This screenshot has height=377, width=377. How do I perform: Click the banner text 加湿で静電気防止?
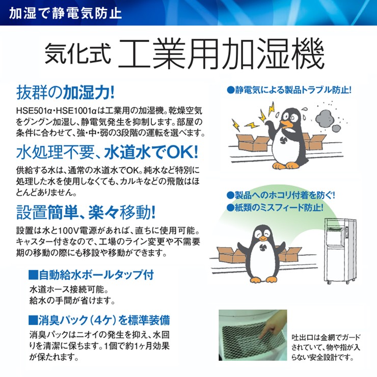[x=65, y=13]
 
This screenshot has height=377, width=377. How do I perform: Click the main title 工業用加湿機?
[x=221, y=53]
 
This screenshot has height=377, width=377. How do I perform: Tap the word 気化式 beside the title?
[x=78, y=54]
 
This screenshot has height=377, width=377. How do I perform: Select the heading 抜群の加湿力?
[x=65, y=92]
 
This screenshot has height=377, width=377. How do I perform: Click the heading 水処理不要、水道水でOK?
[x=107, y=152]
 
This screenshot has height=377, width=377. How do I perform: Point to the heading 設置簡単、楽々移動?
[x=86, y=212]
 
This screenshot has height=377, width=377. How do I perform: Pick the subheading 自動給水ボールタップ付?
[x=91, y=275]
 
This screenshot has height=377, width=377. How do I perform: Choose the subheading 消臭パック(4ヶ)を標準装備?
[x=99, y=320]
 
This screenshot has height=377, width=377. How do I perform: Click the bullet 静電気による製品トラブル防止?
[x=289, y=90]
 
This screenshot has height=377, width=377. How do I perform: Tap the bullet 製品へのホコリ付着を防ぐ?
[x=281, y=195]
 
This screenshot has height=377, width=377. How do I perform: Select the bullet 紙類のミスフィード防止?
[x=275, y=207]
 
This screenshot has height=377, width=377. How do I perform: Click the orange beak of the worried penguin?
[x=287, y=124]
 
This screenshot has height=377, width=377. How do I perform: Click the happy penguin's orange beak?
[x=263, y=238]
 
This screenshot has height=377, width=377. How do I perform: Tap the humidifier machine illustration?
[x=340, y=251]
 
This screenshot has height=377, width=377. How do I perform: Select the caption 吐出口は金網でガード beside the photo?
[x=326, y=337]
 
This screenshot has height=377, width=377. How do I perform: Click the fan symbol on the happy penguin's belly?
[x=263, y=247]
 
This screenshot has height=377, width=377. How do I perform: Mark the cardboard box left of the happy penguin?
[x=231, y=255]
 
